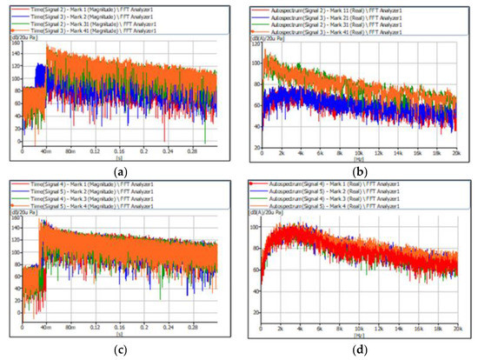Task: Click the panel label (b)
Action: coord(359,172)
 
